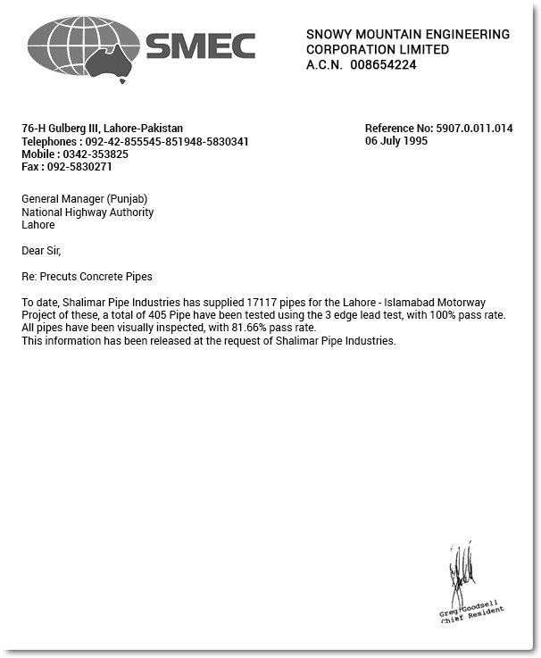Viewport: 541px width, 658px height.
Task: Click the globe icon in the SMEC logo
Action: (x=83, y=46)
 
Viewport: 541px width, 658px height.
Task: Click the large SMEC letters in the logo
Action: (x=200, y=46)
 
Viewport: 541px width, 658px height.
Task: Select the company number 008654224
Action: (x=383, y=65)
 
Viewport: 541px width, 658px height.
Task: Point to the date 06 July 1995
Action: (x=395, y=141)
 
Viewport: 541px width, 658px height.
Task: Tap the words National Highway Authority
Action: (x=87, y=212)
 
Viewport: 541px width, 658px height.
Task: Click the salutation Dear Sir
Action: (x=41, y=251)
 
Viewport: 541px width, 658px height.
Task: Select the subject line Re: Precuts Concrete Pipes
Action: (x=87, y=277)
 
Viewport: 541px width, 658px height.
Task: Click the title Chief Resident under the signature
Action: (x=472, y=616)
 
